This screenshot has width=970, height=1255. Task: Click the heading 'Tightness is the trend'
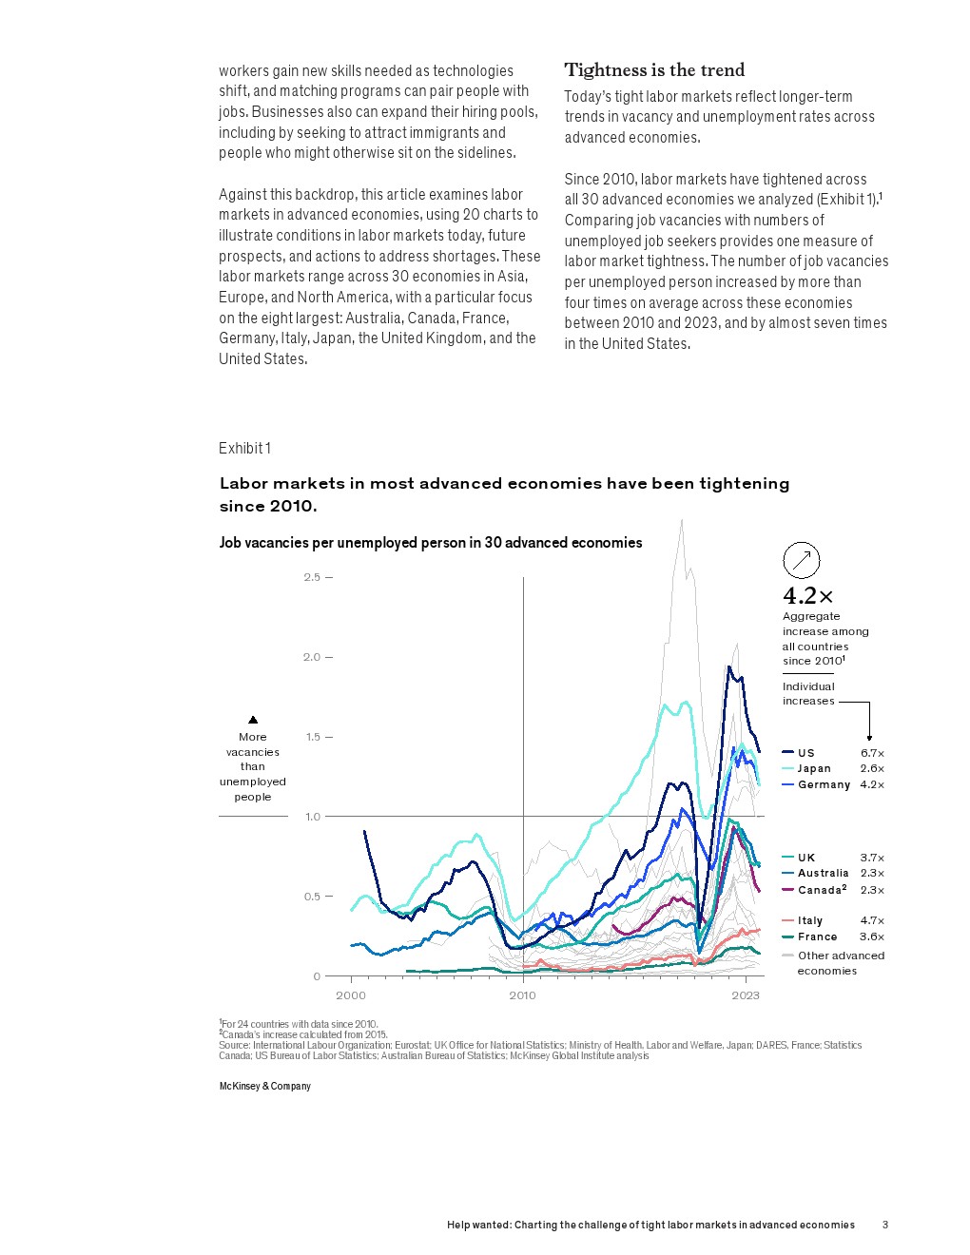click(x=654, y=70)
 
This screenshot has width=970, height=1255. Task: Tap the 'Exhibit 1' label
click(x=244, y=449)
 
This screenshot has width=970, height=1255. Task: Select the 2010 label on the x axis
click(x=522, y=995)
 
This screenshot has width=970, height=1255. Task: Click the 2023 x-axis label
click(x=746, y=995)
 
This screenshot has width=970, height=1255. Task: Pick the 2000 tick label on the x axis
click(x=351, y=995)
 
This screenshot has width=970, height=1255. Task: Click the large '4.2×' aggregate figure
click(x=807, y=596)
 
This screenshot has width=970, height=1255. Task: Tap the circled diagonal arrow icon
click(x=801, y=560)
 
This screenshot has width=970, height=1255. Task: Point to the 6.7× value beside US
click(x=872, y=753)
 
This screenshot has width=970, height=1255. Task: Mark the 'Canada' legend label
click(x=820, y=890)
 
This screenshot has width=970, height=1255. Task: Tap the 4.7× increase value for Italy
click(x=872, y=920)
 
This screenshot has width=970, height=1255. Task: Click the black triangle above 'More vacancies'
click(x=253, y=720)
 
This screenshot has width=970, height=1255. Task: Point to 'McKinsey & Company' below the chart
click(x=265, y=1086)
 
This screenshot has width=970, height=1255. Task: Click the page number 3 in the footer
click(x=885, y=1225)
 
